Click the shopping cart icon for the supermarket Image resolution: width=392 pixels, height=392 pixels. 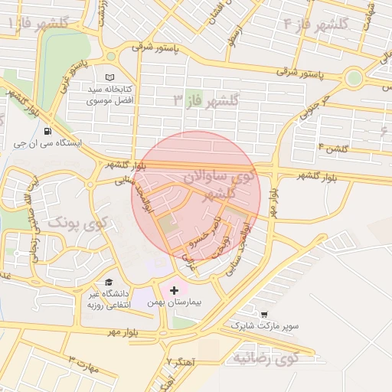click(x=264, y=314)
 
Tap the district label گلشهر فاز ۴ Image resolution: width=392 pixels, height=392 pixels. click(x=316, y=24)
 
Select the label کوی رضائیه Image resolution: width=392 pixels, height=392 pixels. click(x=265, y=358)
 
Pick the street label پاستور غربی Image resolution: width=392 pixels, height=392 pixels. click(x=83, y=73)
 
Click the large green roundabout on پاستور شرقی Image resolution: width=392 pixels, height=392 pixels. click(x=353, y=77)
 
